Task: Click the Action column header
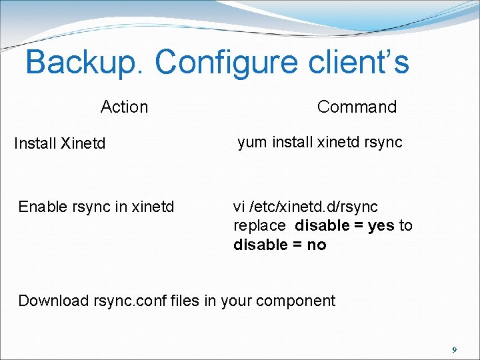tap(124, 107)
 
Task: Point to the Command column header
tap(357, 107)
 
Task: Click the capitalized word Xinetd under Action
tap(83, 143)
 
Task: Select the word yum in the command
tap(252, 143)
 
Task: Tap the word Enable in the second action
tap(42, 207)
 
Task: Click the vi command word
tap(239, 207)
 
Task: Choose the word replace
tap(259, 226)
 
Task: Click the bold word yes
tap(381, 225)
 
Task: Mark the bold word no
tap(317, 245)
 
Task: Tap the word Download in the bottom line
tap(53, 301)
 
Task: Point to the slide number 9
tap(454, 349)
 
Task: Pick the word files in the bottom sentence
tap(185, 301)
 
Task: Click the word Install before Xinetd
tap(35, 143)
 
